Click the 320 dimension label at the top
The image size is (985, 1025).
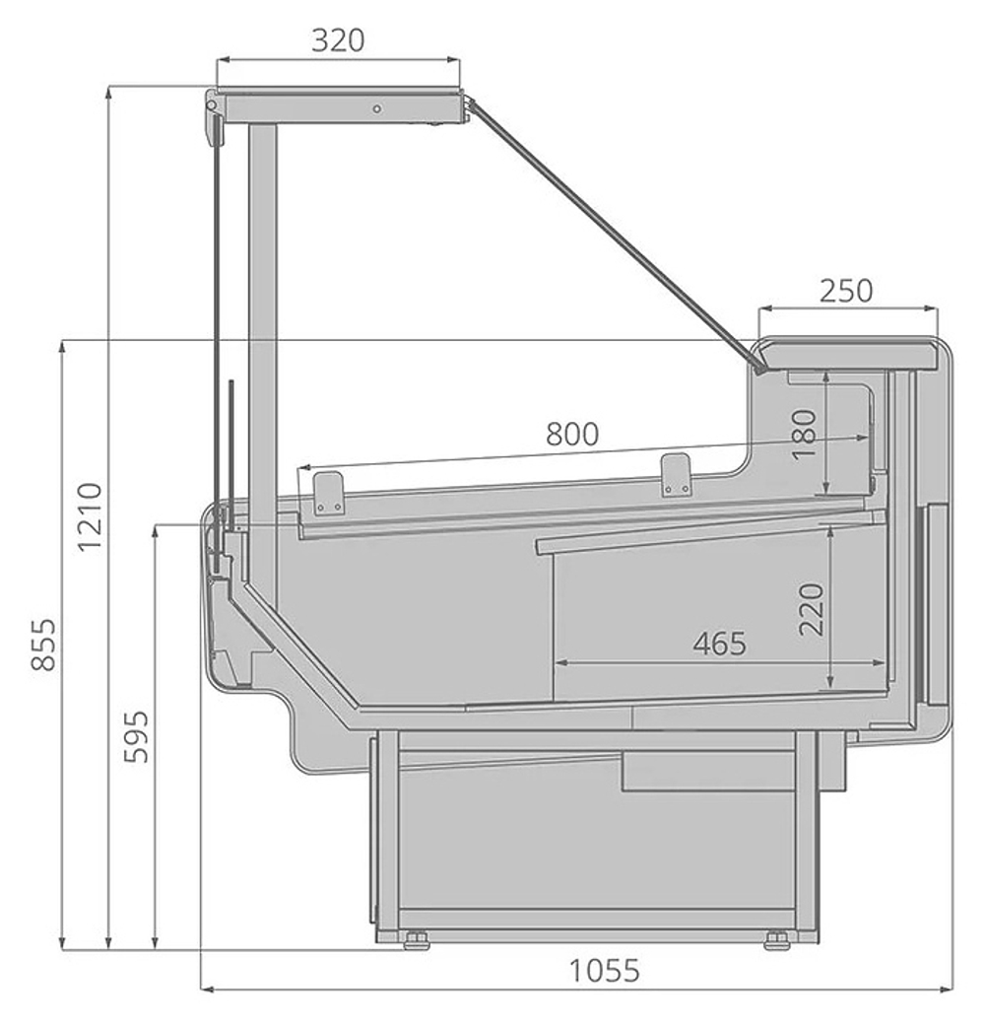coord(338,40)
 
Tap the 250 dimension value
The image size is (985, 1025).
coord(846,291)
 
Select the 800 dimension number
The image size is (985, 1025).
coord(572,434)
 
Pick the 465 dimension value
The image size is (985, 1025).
coord(719,644)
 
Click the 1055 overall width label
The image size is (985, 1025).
coord(605,971)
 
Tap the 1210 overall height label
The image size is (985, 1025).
coord(90,516)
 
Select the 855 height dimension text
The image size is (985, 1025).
coord(42,646)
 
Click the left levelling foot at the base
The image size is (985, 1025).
coord(416,939)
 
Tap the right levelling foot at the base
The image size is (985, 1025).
coord(776,939)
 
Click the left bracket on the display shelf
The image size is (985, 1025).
coord(328,492)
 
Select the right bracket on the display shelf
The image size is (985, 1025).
coord(676,474)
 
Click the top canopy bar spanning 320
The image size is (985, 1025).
coord(340,106)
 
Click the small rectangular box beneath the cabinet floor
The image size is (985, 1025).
coord(708,770)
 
